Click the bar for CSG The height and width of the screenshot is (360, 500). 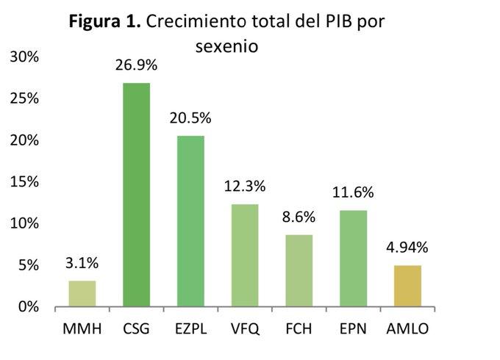[136, 195]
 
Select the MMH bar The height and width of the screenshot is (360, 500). [82, 293]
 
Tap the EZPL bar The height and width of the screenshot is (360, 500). [190, 220]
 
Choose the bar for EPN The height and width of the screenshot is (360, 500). [354, 258]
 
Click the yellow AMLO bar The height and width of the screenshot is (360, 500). [408, 286]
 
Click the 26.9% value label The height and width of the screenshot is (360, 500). [136, 65]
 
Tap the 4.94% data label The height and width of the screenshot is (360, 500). [408, 247]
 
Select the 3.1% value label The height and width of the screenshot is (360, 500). [82, 262]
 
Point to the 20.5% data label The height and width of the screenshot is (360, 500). [190, 118]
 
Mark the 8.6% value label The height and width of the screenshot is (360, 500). [299, 217]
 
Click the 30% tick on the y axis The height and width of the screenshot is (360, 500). [25, 57]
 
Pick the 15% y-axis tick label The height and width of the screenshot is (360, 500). [25, 181]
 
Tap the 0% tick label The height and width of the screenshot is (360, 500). [29, 306]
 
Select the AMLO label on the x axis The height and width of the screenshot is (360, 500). [408, 328]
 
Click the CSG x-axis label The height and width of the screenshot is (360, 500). [136, 328]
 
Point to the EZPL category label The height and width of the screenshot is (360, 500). [190, 328]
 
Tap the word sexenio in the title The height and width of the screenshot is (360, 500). [229, 46]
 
